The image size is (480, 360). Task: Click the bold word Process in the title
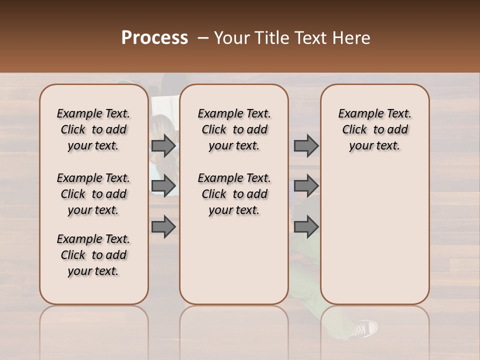tap(154, 38)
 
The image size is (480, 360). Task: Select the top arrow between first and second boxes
tap(163, 145)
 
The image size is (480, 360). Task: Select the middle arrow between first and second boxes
tap(163, 186)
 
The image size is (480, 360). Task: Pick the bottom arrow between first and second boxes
tap(163, 226)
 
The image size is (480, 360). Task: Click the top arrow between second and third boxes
tap(306, 145)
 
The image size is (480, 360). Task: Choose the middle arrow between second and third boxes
tap(306, 186)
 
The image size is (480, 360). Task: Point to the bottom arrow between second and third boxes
tap(306, 226)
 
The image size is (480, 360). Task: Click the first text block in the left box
tap(93, 129)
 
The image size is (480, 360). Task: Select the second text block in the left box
tap(93, 194)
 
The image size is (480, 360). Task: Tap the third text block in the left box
tap(93, 255)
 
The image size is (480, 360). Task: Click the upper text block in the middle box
tap(234, 129)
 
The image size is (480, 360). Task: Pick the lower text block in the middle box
tap(234, 194)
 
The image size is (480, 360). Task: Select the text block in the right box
tap(375, 129)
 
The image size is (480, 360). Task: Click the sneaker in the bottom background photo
tap(364, 328)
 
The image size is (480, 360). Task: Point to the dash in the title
tap(203, 38)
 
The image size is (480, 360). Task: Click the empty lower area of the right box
tap(375, 235)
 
